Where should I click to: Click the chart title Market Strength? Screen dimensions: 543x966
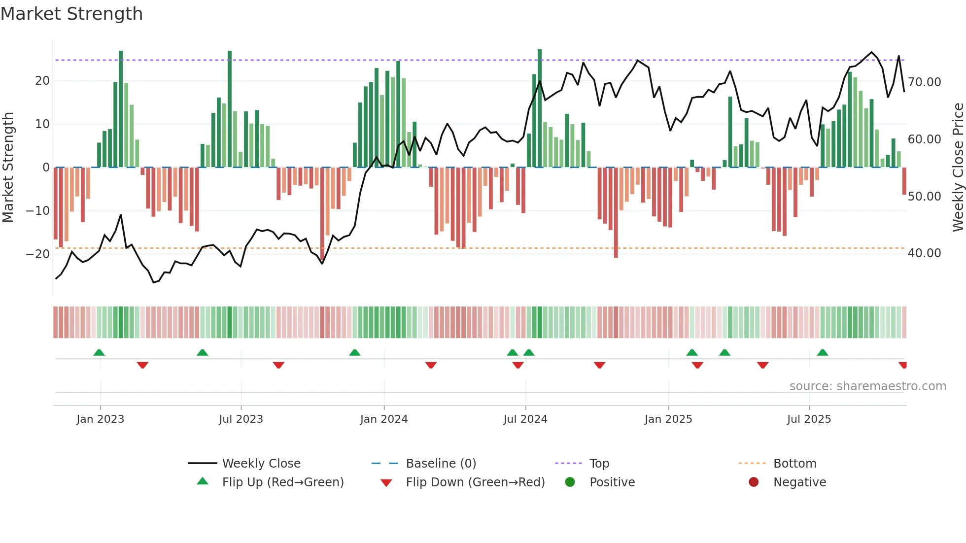click(x=71, y=14)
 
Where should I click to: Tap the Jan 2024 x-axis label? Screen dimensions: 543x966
click(x=384, y=419)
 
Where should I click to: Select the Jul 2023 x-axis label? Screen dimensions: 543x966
click(x=241, y=419)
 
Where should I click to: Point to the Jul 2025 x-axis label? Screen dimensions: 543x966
click(x=809, y=419)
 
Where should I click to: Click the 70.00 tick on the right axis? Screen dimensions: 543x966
click(x=924, y=82)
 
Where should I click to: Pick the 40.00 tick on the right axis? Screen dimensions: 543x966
click(x=924, y=253)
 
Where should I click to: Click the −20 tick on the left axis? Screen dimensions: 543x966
click(x=37, y=254)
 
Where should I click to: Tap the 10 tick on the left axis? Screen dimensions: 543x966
click(x=42, y=124)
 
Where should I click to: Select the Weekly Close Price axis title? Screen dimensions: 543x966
click(x=958, y=168)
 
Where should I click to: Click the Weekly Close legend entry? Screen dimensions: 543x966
click(x=261, y=464)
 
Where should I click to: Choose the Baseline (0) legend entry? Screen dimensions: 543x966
click(x=441, y=464)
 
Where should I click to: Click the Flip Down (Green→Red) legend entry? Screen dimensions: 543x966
click(x=475, y=482)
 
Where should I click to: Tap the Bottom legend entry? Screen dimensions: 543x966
click(x=794, y=464)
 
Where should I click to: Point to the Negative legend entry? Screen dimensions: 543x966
click(x=799, y=482)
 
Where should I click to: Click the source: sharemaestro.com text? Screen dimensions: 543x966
click(x=867, y=386)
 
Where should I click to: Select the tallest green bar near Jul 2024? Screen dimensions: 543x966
click(x=540, y=108)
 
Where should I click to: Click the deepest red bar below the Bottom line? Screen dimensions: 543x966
click(x=616, y=212)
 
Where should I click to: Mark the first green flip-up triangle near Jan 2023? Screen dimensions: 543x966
click(x=99, y=353)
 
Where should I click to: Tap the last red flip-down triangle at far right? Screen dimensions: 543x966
click(x=902, y=365)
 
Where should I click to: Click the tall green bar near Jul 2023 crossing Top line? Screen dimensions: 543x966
click(x=230, y=108)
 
